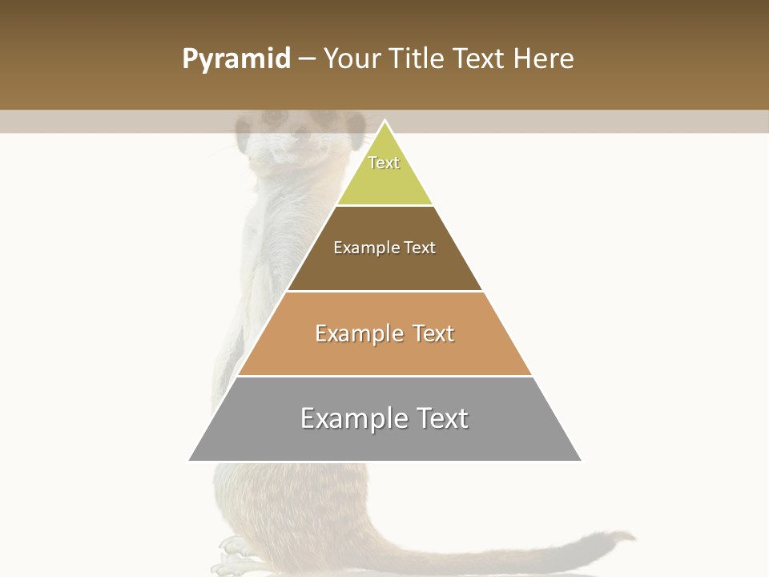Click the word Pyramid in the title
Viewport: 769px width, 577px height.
(x=236, y=59)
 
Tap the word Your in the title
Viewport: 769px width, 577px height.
(x=352, y=59)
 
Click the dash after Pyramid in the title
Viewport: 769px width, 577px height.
(x=307, y=59)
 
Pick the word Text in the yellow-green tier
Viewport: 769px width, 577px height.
(x=384, y=163)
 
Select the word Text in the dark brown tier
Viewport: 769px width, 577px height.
(x=420, y=248)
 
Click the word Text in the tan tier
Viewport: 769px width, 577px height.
(x=433, y=333)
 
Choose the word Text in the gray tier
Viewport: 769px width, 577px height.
(x=441, y=418)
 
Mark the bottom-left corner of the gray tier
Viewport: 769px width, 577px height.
(x=189, y=461)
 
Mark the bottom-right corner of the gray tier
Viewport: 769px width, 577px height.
(x=582, y=461)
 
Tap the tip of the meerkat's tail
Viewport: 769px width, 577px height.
(x=633, y=537)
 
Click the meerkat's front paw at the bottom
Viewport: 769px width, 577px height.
(x=233, y=549)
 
